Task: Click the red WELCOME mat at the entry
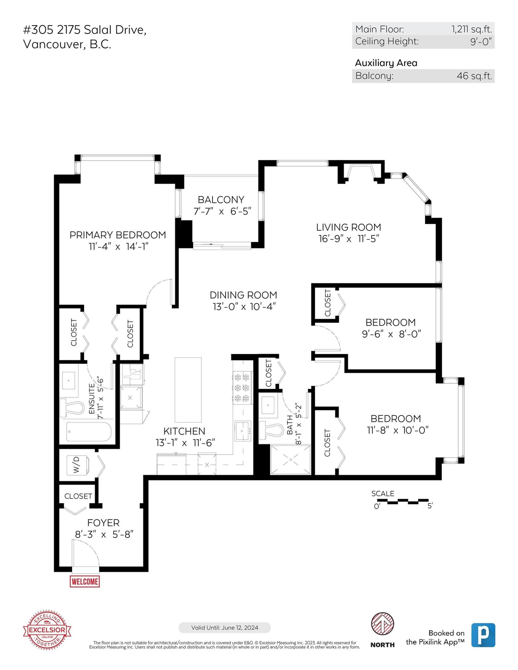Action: tap(85, 581)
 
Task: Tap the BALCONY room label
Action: tap(221, 200)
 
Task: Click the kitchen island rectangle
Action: tap(188, 390)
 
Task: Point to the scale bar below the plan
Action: tap(403, 502)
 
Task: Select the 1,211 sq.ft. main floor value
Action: tap(471, 29)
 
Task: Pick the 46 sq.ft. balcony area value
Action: tap(474, 76)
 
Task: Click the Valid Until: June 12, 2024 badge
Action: tap(224, 627)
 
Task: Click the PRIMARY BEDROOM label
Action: tap(118, 235)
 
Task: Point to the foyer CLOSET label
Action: tap(78, 496)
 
